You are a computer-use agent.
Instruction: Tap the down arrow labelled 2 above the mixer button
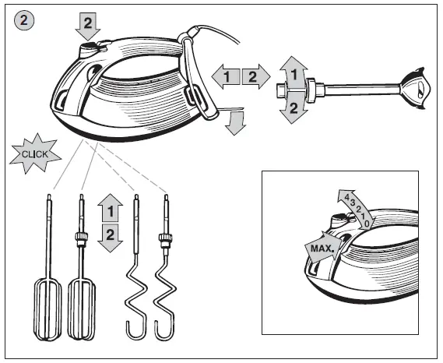(87, 28)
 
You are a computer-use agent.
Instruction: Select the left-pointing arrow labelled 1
(224, 76)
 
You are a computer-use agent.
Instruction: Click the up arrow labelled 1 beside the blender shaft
(293, 72)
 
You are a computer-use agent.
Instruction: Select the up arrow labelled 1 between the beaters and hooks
(111, 209)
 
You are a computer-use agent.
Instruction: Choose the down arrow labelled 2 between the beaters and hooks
(111, 235)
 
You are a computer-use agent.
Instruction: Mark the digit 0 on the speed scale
(367, 223)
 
